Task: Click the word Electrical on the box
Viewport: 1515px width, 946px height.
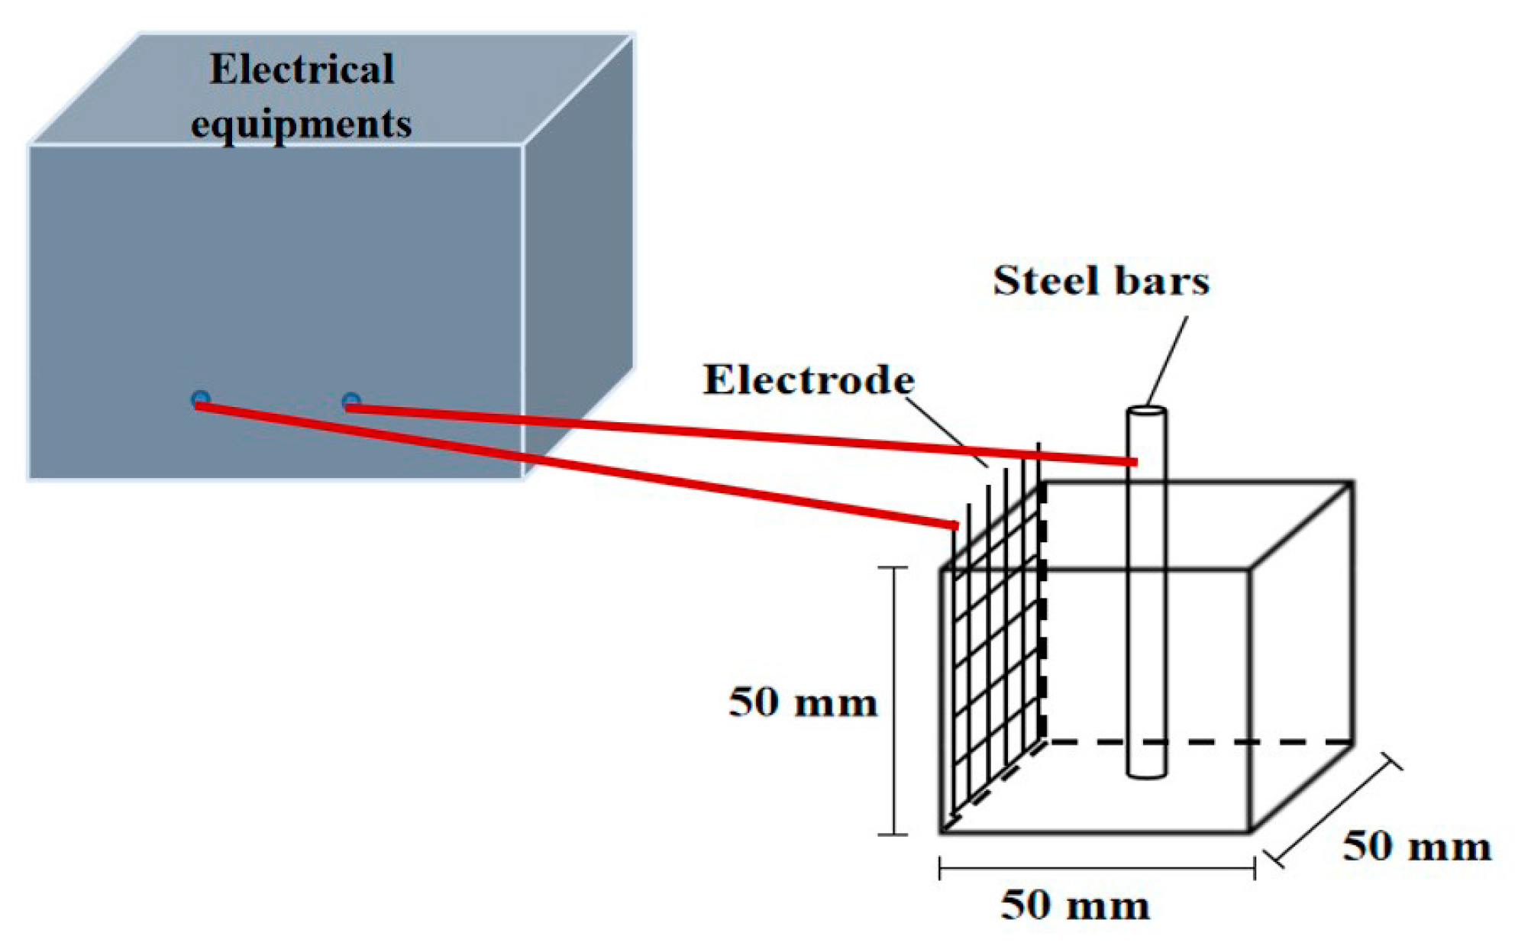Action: [x=302, y=69]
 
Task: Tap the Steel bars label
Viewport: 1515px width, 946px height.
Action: [x=1100, y=280]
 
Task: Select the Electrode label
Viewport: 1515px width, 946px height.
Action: [x=809, y=379]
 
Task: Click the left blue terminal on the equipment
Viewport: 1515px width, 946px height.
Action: [x=200, y=399]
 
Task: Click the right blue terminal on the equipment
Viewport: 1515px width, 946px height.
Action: [x=350, y=400]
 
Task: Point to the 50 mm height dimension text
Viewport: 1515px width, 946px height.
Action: [x=803, y=702]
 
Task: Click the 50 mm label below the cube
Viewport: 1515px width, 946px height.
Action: [x=1074, y=906]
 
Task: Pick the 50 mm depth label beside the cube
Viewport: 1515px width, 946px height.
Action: [x=1416, y=846]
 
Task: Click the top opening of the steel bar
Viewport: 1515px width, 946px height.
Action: [x=1146, y=412]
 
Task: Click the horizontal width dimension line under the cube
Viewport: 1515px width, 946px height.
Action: [x=1097, y=869]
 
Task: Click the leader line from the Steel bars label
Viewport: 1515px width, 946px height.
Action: [x=1167, y=360]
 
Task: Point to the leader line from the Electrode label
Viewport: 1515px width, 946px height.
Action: [x=949, y=431]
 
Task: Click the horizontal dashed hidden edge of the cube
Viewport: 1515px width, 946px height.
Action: [x=1199, y=741]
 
